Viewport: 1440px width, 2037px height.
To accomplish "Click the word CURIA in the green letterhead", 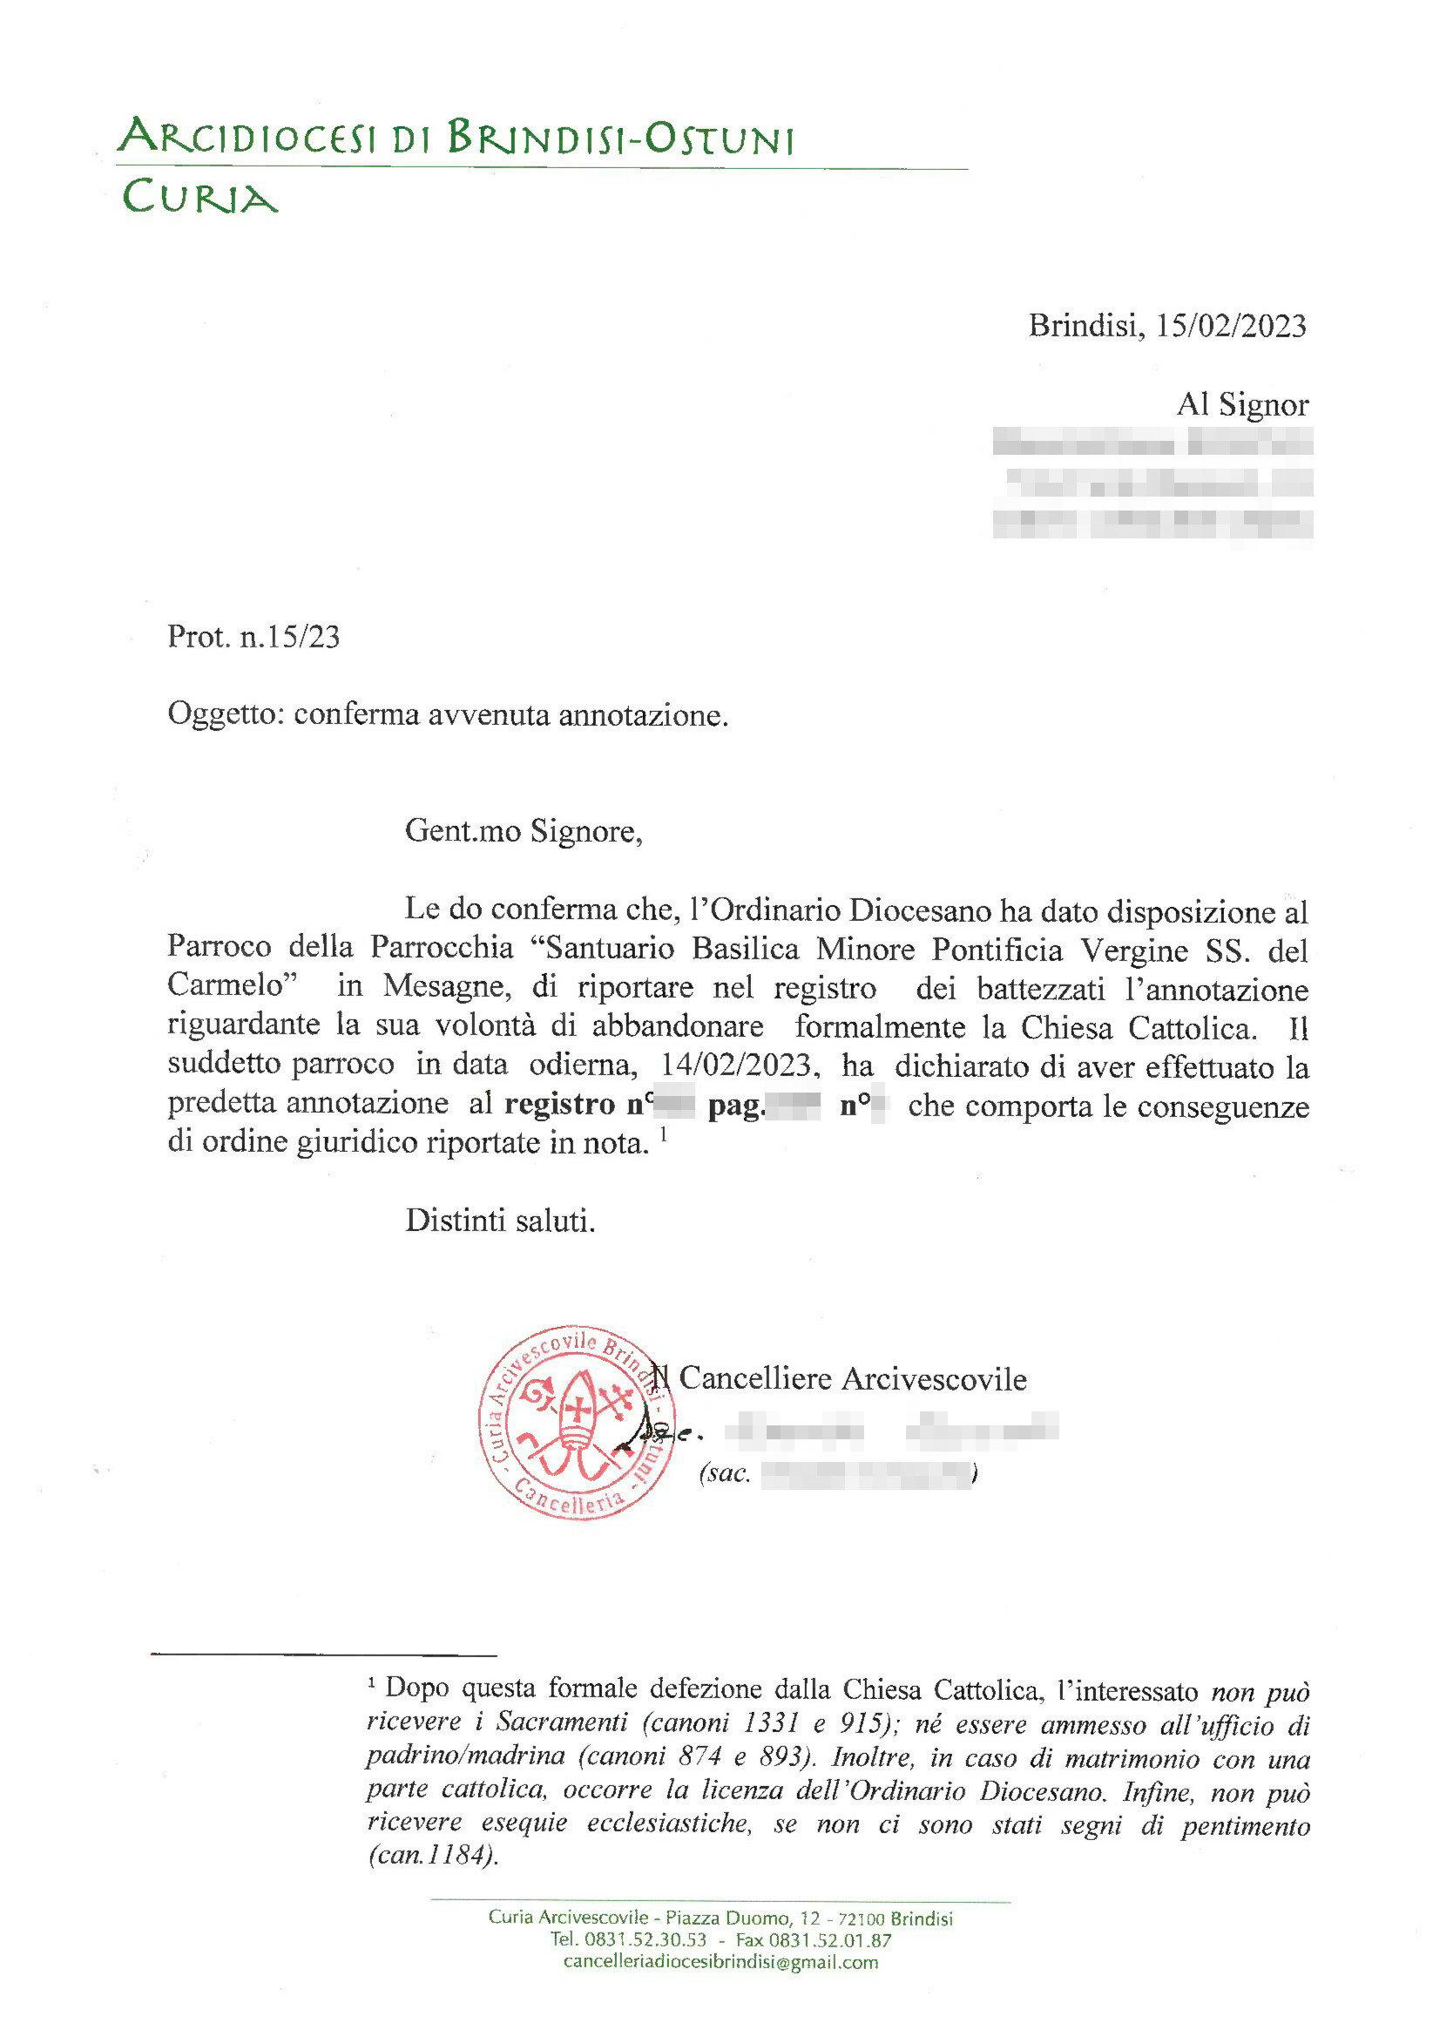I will point(199,196).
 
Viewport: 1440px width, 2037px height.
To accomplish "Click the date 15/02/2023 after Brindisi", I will point(1231,327).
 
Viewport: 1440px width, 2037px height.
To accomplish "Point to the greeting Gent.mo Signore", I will point(524,831).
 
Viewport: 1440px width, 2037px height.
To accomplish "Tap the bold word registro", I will point(559,1105).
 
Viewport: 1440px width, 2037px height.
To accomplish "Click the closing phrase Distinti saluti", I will point(500,1221).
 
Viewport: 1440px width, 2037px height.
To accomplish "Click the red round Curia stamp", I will point(578,1423).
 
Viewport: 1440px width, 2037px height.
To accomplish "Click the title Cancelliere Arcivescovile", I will point(853,1378).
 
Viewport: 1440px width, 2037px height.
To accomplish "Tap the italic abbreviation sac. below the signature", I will point(725,1473).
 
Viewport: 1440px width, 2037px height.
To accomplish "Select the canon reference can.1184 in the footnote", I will point(432,1855).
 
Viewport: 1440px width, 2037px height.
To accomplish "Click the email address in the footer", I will point(720,1961).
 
